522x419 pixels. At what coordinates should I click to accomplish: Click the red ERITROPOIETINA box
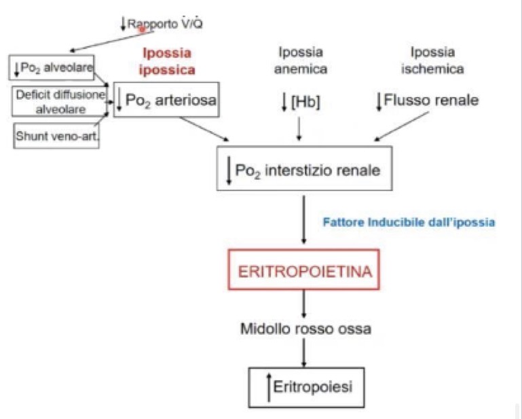[x=305, y=272]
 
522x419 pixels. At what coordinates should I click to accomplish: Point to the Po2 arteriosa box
[x=167, y=102]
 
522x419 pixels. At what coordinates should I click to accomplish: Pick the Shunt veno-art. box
[x=56, y=134]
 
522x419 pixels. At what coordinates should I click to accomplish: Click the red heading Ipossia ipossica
[x=168, y=60]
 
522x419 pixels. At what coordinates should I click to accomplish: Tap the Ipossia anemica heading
[x=300, y=60]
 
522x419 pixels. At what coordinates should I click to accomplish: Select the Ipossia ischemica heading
[x=432, y=60]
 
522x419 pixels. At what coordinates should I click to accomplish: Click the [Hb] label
[x=299, y=102]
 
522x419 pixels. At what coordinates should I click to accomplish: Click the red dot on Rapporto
[x=142, y=29]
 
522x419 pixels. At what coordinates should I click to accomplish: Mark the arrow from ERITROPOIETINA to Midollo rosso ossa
[x=303, y=304]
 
